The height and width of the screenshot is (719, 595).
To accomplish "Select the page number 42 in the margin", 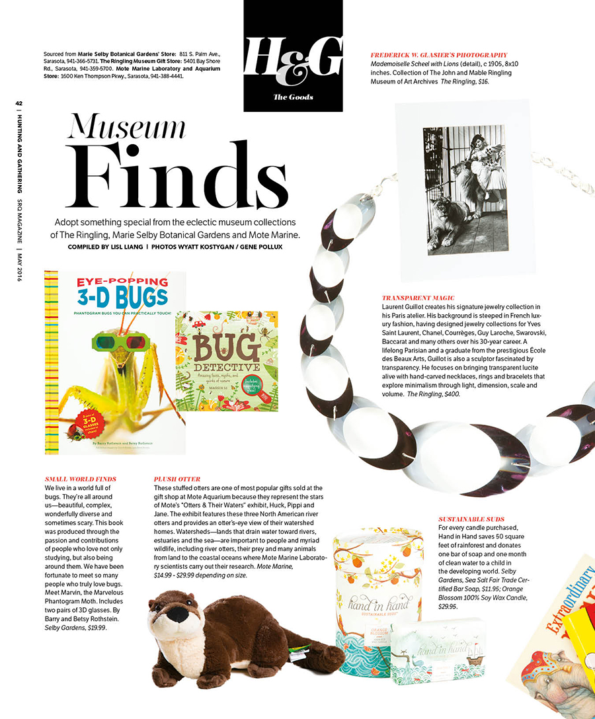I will [19, 103].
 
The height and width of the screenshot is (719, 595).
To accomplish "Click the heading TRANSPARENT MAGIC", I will [418, 298].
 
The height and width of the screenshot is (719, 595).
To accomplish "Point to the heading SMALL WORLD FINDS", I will [80, 478].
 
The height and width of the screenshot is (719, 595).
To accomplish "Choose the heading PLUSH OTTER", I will [177, 478].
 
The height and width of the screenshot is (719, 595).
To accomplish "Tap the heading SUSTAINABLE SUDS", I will [471, 519].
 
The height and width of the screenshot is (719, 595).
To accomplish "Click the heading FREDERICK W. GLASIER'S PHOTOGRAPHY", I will [440, 55].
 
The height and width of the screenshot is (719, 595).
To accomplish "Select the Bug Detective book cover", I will [226, 361].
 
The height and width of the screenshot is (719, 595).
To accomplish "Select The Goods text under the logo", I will [294, 97].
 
